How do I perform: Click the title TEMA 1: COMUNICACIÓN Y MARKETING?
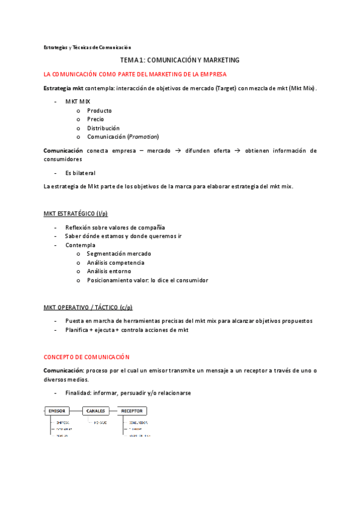180,60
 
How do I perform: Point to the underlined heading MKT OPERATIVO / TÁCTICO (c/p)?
88,307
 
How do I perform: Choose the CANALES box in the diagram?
96,411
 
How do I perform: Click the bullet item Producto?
99,111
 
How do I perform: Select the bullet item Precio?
96,119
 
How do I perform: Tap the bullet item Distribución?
103,128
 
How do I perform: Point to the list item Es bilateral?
80,173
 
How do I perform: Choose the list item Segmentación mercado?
119,254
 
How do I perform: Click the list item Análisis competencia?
115,263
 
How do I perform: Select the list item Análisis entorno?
108,271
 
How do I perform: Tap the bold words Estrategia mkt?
63,88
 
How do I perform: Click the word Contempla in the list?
80,245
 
